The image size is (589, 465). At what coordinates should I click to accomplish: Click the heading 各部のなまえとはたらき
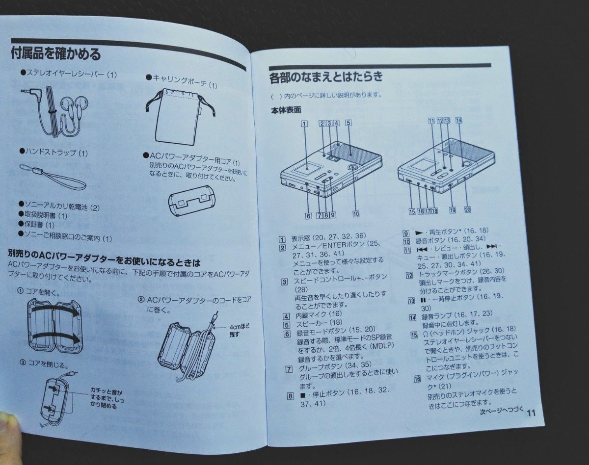tap(326, 77)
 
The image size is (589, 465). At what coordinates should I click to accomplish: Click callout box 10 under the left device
tap(355, 214)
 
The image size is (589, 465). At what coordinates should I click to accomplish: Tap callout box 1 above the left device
tap(304, 124)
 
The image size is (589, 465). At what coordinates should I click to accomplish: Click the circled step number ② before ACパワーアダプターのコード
tap(141, 300)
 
